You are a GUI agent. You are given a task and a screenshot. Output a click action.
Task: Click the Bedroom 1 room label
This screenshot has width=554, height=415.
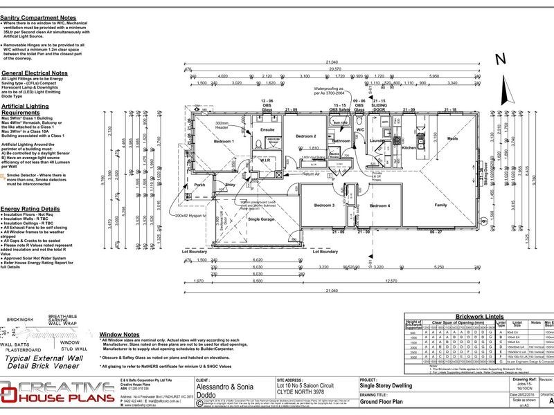point(224,141)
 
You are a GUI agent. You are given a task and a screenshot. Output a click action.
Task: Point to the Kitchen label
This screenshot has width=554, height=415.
point(409,148)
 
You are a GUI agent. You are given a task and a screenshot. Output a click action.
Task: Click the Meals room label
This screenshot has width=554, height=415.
point(452,138)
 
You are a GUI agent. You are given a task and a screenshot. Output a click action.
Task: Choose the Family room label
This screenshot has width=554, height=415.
point(440,205)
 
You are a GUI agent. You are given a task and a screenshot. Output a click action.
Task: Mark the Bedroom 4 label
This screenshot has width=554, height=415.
point(379,205)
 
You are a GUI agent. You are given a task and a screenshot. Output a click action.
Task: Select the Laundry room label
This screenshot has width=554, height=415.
point(377,141)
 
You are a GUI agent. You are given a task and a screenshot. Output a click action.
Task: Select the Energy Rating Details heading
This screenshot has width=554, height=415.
point(30,207)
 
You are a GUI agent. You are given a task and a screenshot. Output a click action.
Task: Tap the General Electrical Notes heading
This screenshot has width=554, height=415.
point(35,73)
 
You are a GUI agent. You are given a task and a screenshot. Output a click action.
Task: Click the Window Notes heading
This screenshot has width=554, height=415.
point(120,333)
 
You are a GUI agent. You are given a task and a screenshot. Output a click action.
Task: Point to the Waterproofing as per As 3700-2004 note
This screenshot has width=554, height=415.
point(335,92)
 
